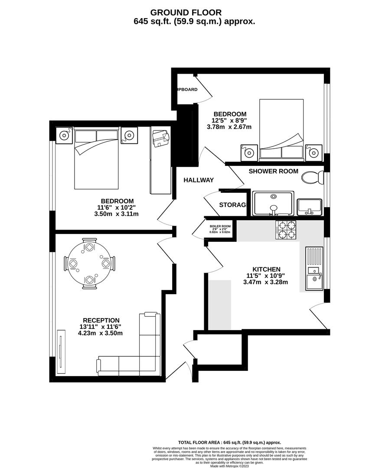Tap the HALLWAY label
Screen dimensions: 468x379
tap(198, 180)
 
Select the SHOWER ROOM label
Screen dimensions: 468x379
tap(273, 171)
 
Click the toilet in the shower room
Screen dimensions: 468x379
tap(312, 177)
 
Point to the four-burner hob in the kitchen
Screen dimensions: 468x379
tap(286, 230)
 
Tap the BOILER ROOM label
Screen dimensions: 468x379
tap(220, 226)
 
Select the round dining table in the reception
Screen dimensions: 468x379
tap(89, 263)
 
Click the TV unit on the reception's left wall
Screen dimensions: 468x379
tap(61, 351)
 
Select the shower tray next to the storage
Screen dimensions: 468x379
tap(273, 203)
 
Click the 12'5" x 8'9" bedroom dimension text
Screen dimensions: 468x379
tap(229, 120)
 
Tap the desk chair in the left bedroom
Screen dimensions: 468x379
tap(160, 138)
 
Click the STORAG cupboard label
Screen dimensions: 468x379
tap(232, 205)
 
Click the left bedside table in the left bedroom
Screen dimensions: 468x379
tap(64, 136)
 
